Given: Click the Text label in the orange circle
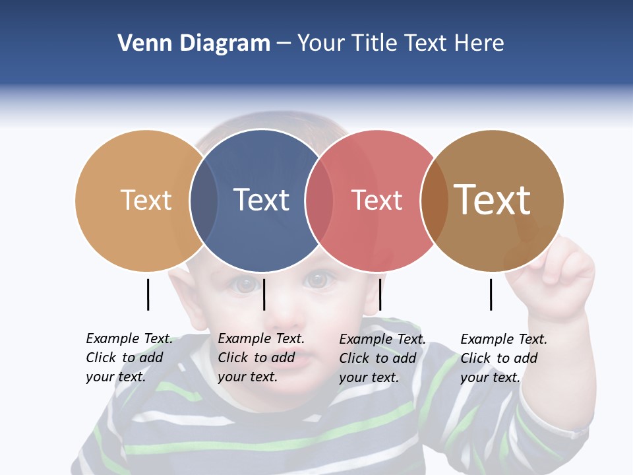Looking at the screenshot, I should click(146, 200).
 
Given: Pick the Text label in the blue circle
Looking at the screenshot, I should click(261, 200).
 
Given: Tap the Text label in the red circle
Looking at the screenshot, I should click(377, 200).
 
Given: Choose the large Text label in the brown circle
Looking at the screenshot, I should click(493, 200).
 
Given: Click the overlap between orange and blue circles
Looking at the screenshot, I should click(204, 200).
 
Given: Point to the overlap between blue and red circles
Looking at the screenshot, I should click(319, 200).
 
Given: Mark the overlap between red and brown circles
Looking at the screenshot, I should click(435, 200).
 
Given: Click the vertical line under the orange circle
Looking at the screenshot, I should click(148, 294).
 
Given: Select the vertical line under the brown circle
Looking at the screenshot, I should click(491, 294).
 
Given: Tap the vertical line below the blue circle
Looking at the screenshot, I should click(264, 294).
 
